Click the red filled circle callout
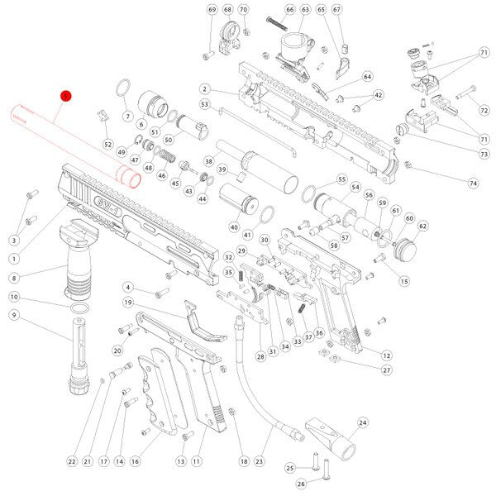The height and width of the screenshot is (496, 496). tap(67, 96)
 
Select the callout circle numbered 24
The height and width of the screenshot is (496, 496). tap(362, 422)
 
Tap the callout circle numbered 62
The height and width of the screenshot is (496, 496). tap(422, 226)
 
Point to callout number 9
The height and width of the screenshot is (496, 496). tap(14, 315)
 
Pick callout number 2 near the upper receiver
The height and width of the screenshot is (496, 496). tap(203, 89)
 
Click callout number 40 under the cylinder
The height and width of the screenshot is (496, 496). tap(234, 227)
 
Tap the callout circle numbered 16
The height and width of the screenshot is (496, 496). tap(136, 460)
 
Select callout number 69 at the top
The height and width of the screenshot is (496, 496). tap(211, 10)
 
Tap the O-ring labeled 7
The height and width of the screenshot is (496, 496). tap(122, 88)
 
